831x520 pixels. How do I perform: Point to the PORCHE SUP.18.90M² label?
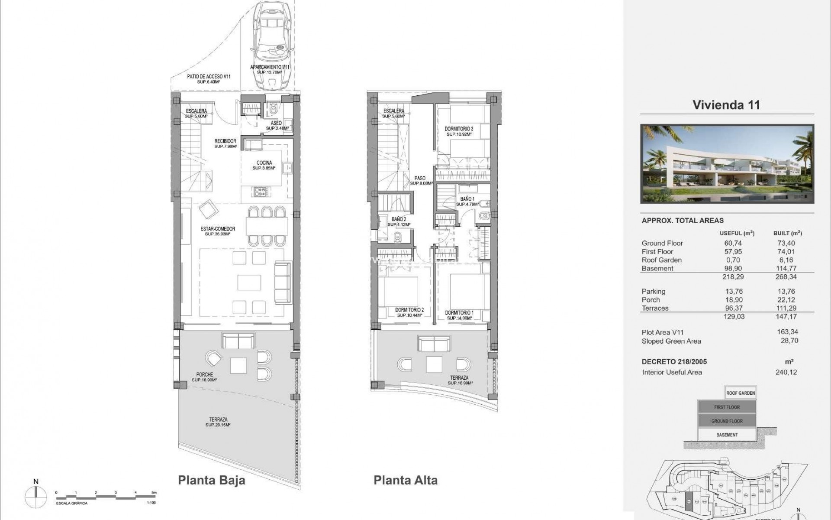pyautogui.click(x=204, y=377)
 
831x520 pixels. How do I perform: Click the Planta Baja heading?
pyautogui.click(x=212, y=480)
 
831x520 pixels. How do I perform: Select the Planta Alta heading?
pyautogui.click(x=406, y=480)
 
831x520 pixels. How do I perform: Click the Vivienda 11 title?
pyautogui.click(x=726, y=105)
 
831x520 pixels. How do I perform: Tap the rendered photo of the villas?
pyautogui.click(x=727, y=164)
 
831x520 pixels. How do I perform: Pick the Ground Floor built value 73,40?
pyautogui.click(x=786, y=243)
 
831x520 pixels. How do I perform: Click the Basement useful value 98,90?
pyautogui.click(x=732, y=268)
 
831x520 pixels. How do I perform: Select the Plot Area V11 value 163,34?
pyautogui.click(x=788, y=332)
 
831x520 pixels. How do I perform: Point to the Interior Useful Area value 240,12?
pyautogui.click(x=786, y=372)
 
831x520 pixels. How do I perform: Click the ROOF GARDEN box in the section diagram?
pyautogui.click(x=740, y=393)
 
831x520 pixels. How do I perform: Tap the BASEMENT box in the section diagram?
pyautogui.click(x=727, y=435)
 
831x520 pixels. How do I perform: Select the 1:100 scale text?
pyautogui.click(x=151, y=503)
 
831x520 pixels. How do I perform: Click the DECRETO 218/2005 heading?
pyautogui.click(x=674, y=361)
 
